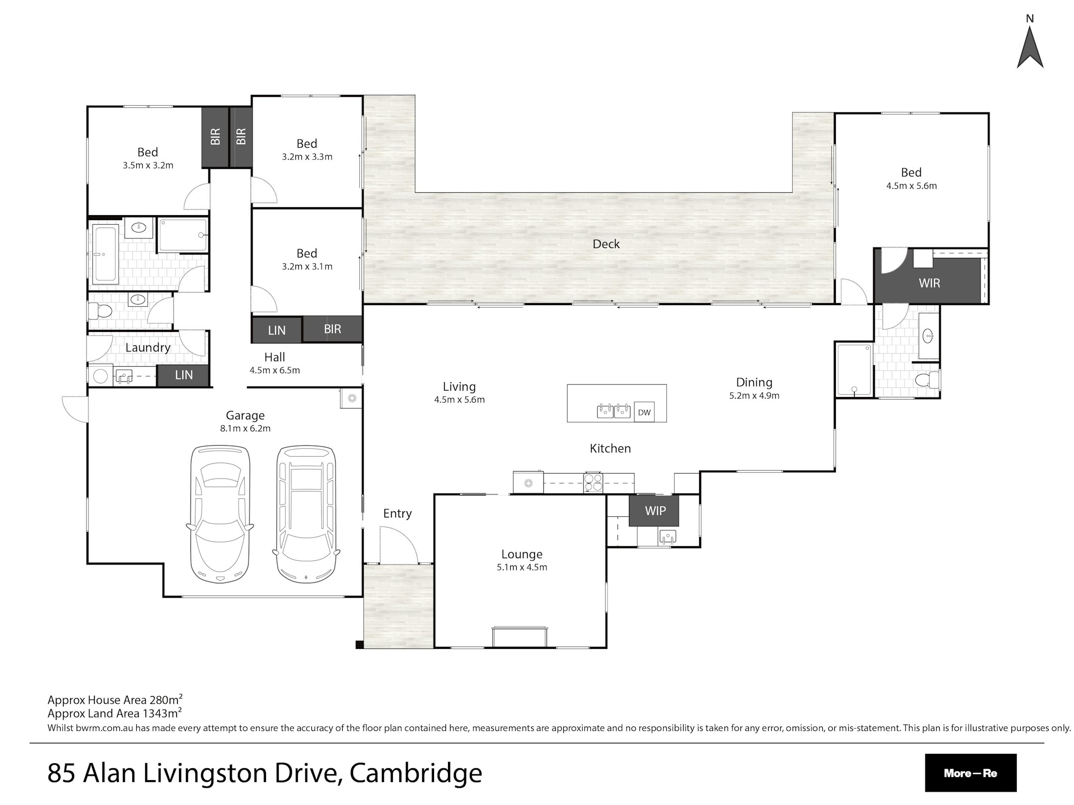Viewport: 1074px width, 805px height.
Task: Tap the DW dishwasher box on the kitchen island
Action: click(644, 412)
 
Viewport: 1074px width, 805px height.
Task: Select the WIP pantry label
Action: click(655, 510)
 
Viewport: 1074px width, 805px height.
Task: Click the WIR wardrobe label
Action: click(929, 283)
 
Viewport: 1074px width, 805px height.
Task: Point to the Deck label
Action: click(606, 244)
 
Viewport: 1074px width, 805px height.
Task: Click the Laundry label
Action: click(148, 347)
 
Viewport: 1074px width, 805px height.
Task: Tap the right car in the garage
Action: click(306, 514)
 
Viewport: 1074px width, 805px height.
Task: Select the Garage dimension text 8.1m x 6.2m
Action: click(245, 428)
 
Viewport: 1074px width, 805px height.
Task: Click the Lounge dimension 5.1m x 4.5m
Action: click(522, 567)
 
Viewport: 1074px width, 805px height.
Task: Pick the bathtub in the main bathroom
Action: click(105, 254)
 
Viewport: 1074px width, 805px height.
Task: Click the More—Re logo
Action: click(970, 773)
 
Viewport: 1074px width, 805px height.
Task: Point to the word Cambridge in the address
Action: click(416, 773)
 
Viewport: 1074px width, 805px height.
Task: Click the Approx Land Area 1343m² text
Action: click(114, 713)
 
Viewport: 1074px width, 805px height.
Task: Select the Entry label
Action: click(397, 514)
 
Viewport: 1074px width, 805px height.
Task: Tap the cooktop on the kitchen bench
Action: click(594, 482)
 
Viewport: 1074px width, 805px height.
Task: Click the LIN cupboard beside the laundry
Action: click(183, 375)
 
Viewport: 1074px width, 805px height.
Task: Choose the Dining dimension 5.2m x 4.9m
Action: click(754, 396)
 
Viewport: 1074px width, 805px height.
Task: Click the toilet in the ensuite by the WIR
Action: click(927, 381)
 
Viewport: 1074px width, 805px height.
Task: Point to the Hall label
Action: click(274, 357)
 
